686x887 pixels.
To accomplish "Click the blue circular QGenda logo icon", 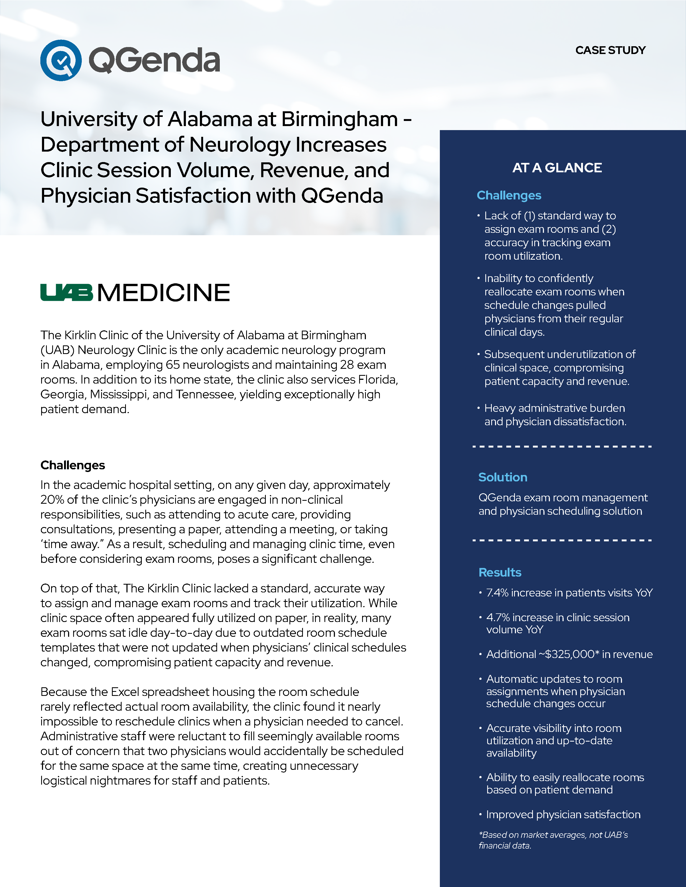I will tap(61, 60).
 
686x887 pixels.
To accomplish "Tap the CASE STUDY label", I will tap(610, 50).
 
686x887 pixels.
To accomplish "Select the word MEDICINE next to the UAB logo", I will tap(164, 292).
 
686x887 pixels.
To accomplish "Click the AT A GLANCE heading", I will tap(557, 168).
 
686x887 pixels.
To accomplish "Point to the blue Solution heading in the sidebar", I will tap(503, 477).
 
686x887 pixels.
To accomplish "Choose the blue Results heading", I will tap(500, 572).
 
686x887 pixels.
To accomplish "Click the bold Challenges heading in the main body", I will tap(73, 465).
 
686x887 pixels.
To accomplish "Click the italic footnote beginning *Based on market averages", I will tap(553, 840).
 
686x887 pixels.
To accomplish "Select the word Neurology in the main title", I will tap(240, 145).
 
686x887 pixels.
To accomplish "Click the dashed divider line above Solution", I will tap(562, 446).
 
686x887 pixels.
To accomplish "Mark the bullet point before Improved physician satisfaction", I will tap(480, 814).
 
